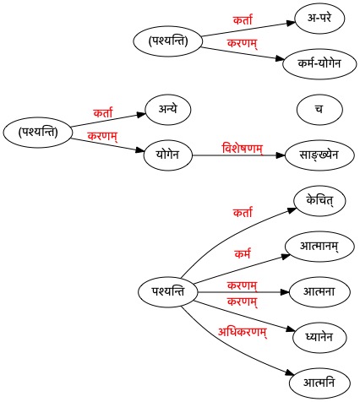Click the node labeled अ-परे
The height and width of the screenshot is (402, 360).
click(319, 18)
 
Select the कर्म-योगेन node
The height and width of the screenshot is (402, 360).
click(319, 63)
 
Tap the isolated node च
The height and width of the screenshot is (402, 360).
click(319, 109)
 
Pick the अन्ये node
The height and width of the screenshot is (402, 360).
click(168, 109)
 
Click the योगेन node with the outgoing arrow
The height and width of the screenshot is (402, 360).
click(168, 155)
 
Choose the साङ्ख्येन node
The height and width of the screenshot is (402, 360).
click(319, 155)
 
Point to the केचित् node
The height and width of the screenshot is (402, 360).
click(319, 201)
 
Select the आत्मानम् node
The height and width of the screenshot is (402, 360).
click(319, 247)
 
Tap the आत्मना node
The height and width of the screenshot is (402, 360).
click(319, 292)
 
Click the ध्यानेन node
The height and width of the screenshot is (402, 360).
click(319, 338)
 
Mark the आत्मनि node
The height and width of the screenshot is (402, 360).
click(319, 383)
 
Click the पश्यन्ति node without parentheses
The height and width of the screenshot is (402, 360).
click(168, 292)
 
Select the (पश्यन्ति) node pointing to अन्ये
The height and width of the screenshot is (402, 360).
click(38, 132)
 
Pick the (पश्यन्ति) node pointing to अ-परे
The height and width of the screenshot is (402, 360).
click(168, 41)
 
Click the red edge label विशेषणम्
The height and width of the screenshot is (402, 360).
click(243, 149)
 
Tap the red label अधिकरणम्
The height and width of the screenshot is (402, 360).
click(243, 332)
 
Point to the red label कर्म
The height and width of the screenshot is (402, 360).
click(243, 254)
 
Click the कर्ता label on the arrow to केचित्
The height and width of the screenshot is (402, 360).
click(243, 212)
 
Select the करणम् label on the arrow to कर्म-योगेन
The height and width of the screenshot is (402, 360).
click(243, 43)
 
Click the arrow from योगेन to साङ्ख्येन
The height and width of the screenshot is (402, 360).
click(239, 155)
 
